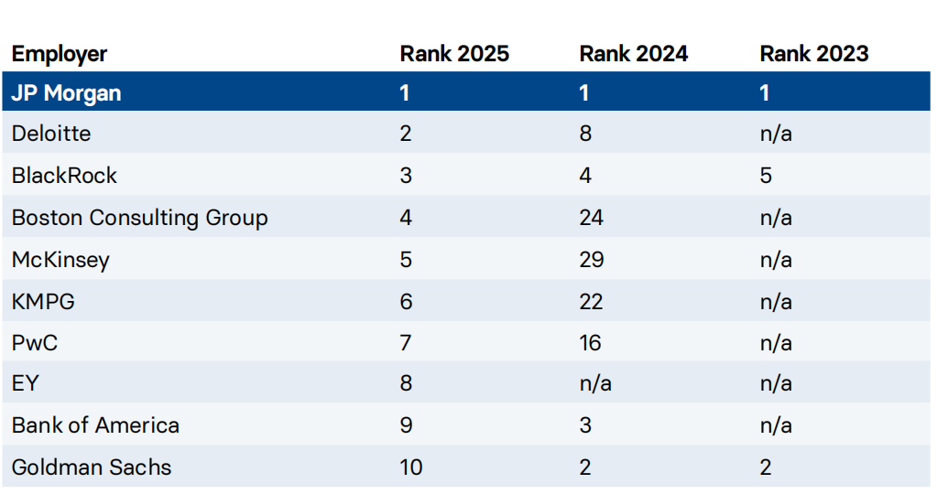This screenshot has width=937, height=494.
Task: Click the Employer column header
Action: pos(60,54)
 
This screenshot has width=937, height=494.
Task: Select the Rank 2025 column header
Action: pos(454,54)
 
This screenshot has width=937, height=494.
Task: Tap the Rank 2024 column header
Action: pos(634,54)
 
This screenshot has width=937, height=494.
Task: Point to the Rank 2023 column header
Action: pos(813,54)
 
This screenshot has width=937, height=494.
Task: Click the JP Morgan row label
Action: pos(66,93)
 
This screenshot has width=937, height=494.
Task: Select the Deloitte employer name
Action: pos(51,134)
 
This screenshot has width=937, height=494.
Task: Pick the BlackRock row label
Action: pos(64,176)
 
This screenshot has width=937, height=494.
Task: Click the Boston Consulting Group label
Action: pos(139,218)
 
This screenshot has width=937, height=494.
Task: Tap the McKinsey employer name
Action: pos(60,260)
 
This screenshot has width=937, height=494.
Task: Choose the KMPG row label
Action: pos(43,302)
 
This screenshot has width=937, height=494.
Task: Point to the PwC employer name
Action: pos(35,343)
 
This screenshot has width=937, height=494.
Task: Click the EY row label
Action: pos(26,383)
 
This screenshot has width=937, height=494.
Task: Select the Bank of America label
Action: pos(95,425)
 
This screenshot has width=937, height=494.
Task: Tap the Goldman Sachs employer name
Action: pos(92,467)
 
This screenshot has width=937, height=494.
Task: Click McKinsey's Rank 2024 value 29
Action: pos(592,260)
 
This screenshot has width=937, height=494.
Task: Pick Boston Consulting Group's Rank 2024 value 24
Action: pos(592,218)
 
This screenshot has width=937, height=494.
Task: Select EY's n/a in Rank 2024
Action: pos(595,383)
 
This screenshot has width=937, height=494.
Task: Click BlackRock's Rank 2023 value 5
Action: pos(766,176)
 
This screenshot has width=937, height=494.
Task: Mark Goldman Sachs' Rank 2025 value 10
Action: pos(411,467)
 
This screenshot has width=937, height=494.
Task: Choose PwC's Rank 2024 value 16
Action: pos(591,343)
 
